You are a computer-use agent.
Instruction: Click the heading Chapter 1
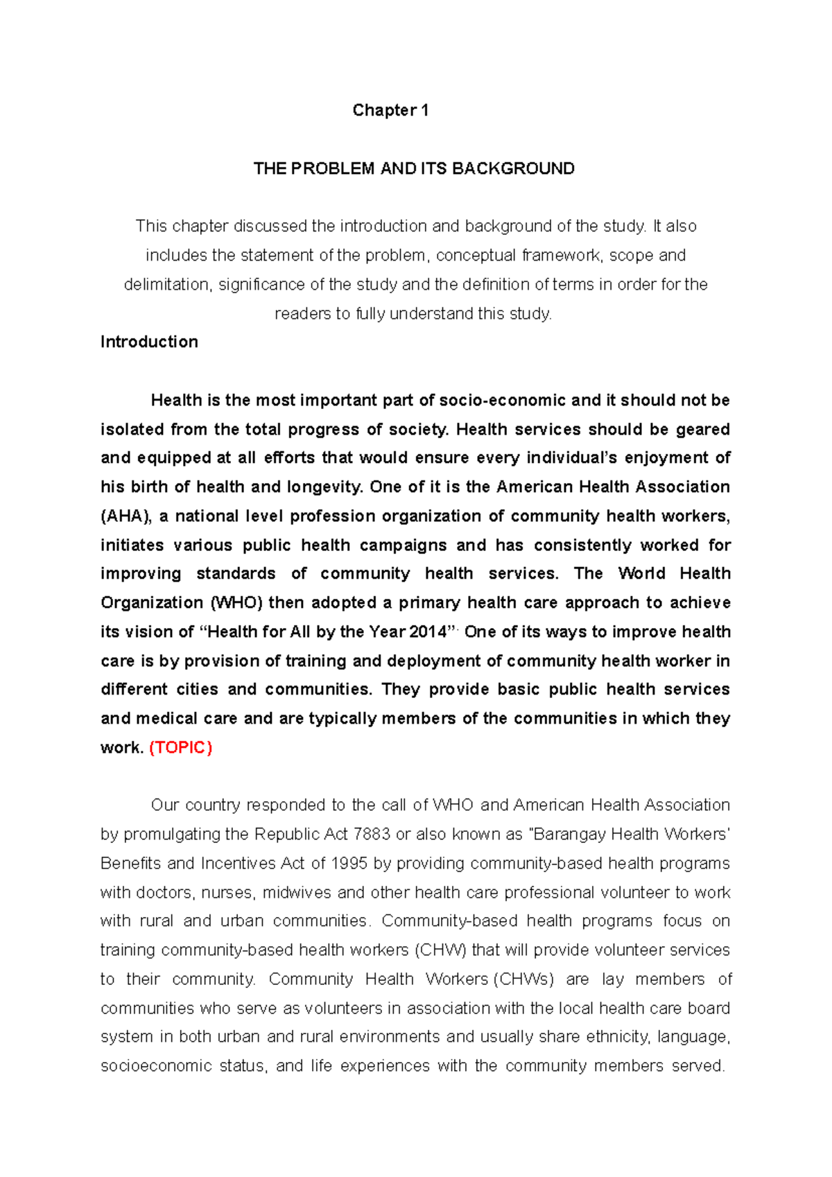point(390,110)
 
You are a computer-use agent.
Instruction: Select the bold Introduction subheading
point(149,342)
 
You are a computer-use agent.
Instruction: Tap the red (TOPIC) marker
point(181,747)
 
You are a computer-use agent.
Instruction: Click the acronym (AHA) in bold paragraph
point(126,516)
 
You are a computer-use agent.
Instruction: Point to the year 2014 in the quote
point(428,631)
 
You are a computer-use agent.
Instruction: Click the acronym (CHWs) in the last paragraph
point(527,979)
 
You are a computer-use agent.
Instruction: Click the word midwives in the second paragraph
point(297,892)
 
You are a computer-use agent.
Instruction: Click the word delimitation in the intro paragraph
point(166,284)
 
